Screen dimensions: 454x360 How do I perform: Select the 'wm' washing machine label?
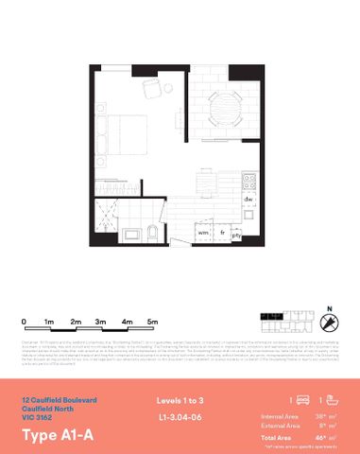click(202, 232)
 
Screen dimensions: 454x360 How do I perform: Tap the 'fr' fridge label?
click(221, 232)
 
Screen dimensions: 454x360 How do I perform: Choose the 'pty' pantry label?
click(237, 233)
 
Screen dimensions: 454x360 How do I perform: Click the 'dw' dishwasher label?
click(248, 200)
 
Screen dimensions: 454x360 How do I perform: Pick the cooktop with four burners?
click(249, 179)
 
